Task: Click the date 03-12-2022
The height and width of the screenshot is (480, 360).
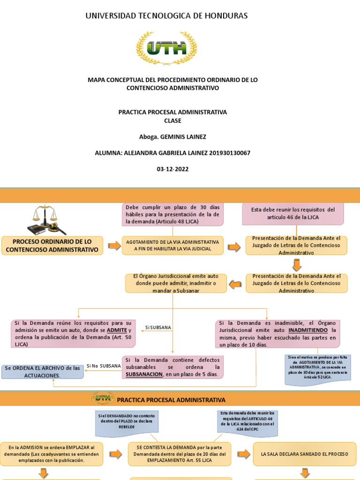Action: [172, 169]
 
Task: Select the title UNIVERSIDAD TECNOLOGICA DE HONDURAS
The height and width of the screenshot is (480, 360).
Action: [166, 16]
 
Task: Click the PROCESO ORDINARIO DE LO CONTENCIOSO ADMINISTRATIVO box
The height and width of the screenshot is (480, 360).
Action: [52, 246]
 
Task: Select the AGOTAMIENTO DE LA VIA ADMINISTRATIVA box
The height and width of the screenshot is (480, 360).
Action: [172, 246]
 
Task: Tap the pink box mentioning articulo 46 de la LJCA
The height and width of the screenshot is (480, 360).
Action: [293, 214]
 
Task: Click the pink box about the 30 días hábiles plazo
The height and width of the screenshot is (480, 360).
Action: [172, 214]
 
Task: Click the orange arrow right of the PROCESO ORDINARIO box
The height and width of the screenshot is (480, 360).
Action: [114, 246]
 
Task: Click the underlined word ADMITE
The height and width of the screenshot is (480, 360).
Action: [117, 330]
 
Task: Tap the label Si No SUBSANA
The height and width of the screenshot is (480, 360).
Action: [100, 366]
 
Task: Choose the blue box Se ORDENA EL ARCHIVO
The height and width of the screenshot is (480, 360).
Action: [43, 372]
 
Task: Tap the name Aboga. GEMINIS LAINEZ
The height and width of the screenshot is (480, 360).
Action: [172, 137]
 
